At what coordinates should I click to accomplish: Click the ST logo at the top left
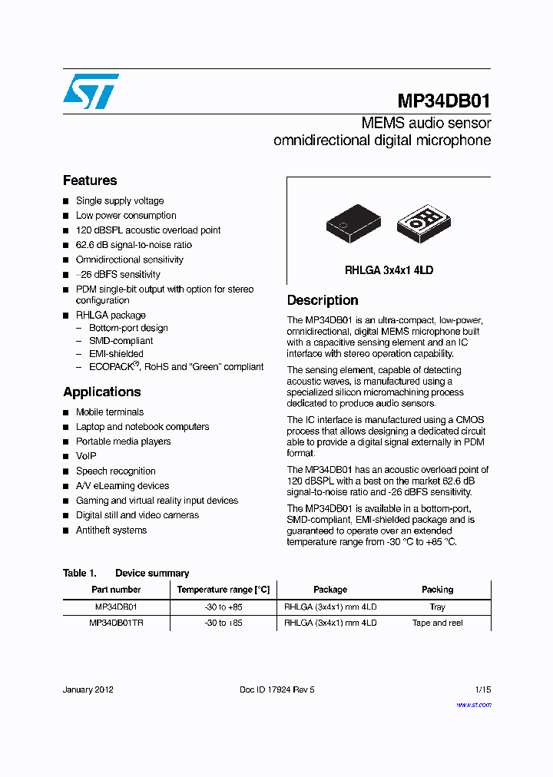91,91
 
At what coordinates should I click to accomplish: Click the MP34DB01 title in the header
444,101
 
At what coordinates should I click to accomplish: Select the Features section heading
90,180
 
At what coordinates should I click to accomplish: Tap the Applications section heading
101,392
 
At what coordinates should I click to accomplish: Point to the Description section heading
323,300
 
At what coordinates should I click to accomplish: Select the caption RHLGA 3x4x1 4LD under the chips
389,270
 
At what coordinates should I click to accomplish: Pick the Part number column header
116,590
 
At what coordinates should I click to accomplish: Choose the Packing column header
437,590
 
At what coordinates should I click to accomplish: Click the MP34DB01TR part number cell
116,623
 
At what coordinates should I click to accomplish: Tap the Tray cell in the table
437,607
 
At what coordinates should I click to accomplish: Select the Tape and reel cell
437,623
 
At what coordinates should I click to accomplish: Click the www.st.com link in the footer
474,705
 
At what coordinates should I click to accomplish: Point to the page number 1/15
482,689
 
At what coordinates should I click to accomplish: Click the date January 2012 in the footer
88,689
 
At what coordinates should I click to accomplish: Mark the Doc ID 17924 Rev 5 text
277,689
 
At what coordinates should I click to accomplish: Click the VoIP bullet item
86,456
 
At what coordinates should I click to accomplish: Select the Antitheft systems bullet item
111,531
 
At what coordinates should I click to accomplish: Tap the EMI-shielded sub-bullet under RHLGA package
116,354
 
